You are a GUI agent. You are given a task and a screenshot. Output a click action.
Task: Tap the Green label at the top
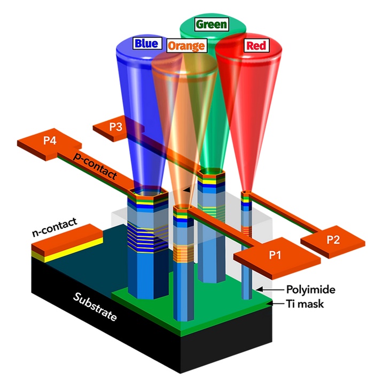(x=211, y=24)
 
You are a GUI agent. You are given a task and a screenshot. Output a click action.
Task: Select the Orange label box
(x=186, y=46)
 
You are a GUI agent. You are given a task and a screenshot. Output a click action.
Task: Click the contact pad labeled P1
(x=274, y=255)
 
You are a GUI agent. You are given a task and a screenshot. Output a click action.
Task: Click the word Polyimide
(x=310, y=289)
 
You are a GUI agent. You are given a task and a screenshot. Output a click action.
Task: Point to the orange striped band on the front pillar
(x=184, y=252)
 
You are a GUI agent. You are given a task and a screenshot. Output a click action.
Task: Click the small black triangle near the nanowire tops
(x=186, y=189)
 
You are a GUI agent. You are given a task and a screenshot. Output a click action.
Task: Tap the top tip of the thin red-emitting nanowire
(x=246, y=192)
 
